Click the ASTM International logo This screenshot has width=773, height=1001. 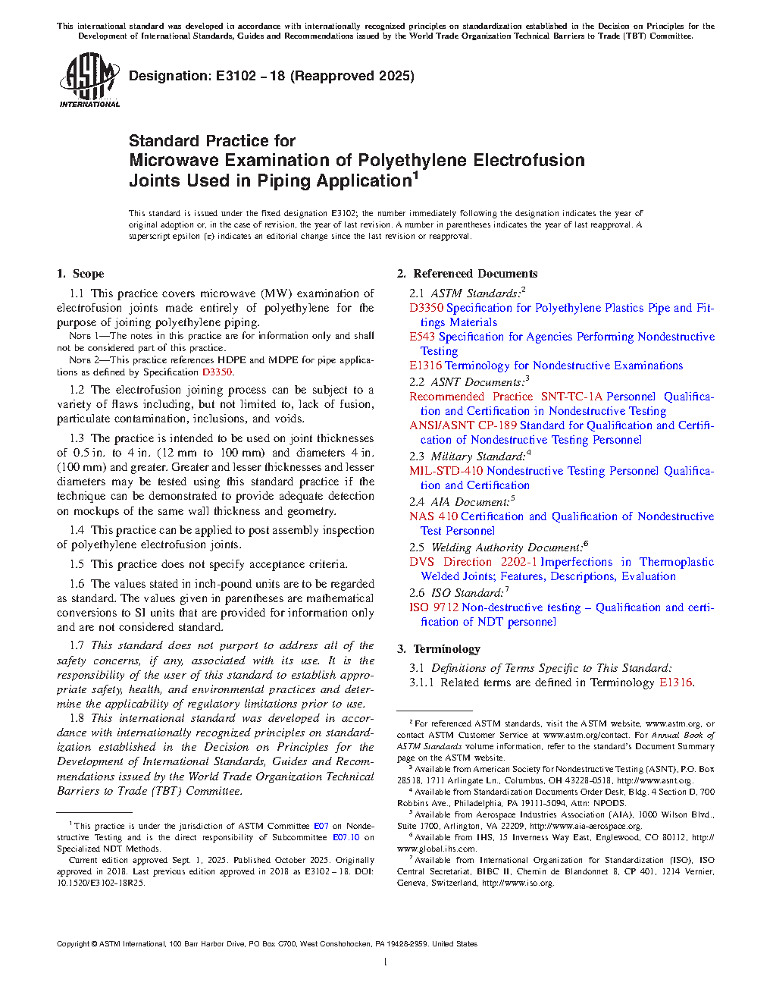click(89, 80)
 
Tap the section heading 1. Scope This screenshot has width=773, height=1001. click(80, 274)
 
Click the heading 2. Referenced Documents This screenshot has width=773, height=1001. click(467, 274)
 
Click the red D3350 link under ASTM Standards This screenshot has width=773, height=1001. click(426, 308)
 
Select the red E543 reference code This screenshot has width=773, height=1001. click(422, 337)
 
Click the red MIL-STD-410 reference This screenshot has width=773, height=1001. click(446, 471)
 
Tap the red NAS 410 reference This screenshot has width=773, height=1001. click(433, 516)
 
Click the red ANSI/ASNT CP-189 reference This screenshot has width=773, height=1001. click(463, 425)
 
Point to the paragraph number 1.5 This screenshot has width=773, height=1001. click(77, 564)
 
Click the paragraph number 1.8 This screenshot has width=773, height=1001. click(77, 718)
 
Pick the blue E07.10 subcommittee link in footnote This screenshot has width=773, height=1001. click(346, 837)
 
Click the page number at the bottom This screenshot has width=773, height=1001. click(386, 962)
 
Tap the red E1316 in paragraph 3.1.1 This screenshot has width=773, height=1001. click(675, 682)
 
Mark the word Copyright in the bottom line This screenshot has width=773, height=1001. click(73, 944)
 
